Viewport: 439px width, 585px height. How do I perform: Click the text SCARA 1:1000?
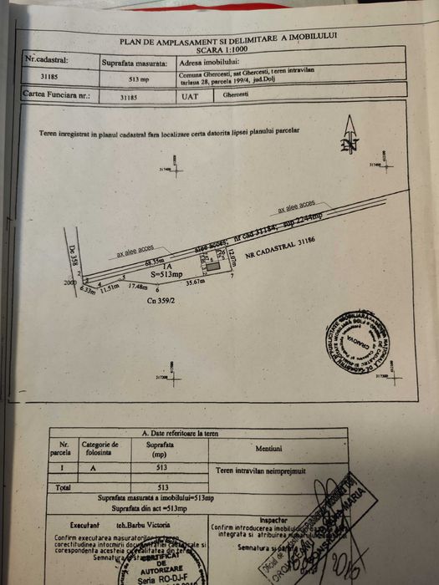click(x=227, y=48)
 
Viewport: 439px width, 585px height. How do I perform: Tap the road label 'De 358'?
click(x=72, y=255)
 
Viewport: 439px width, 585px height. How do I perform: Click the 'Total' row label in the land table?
click(x=62, y=486)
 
